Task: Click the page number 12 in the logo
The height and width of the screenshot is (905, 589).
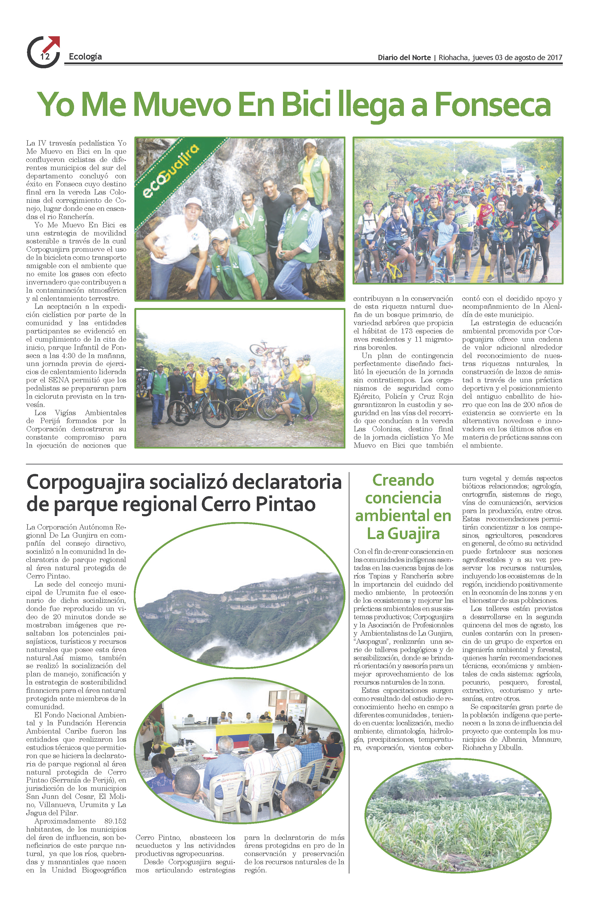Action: tap(45, 57)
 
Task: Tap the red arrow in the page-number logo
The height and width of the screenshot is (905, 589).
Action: tap(52, 43)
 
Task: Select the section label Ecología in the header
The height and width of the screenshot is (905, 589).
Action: tap(85, 57)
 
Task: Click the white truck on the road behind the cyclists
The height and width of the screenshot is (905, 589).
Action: tap(508, 166)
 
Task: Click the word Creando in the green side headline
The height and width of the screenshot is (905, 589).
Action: tap(403, 480)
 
